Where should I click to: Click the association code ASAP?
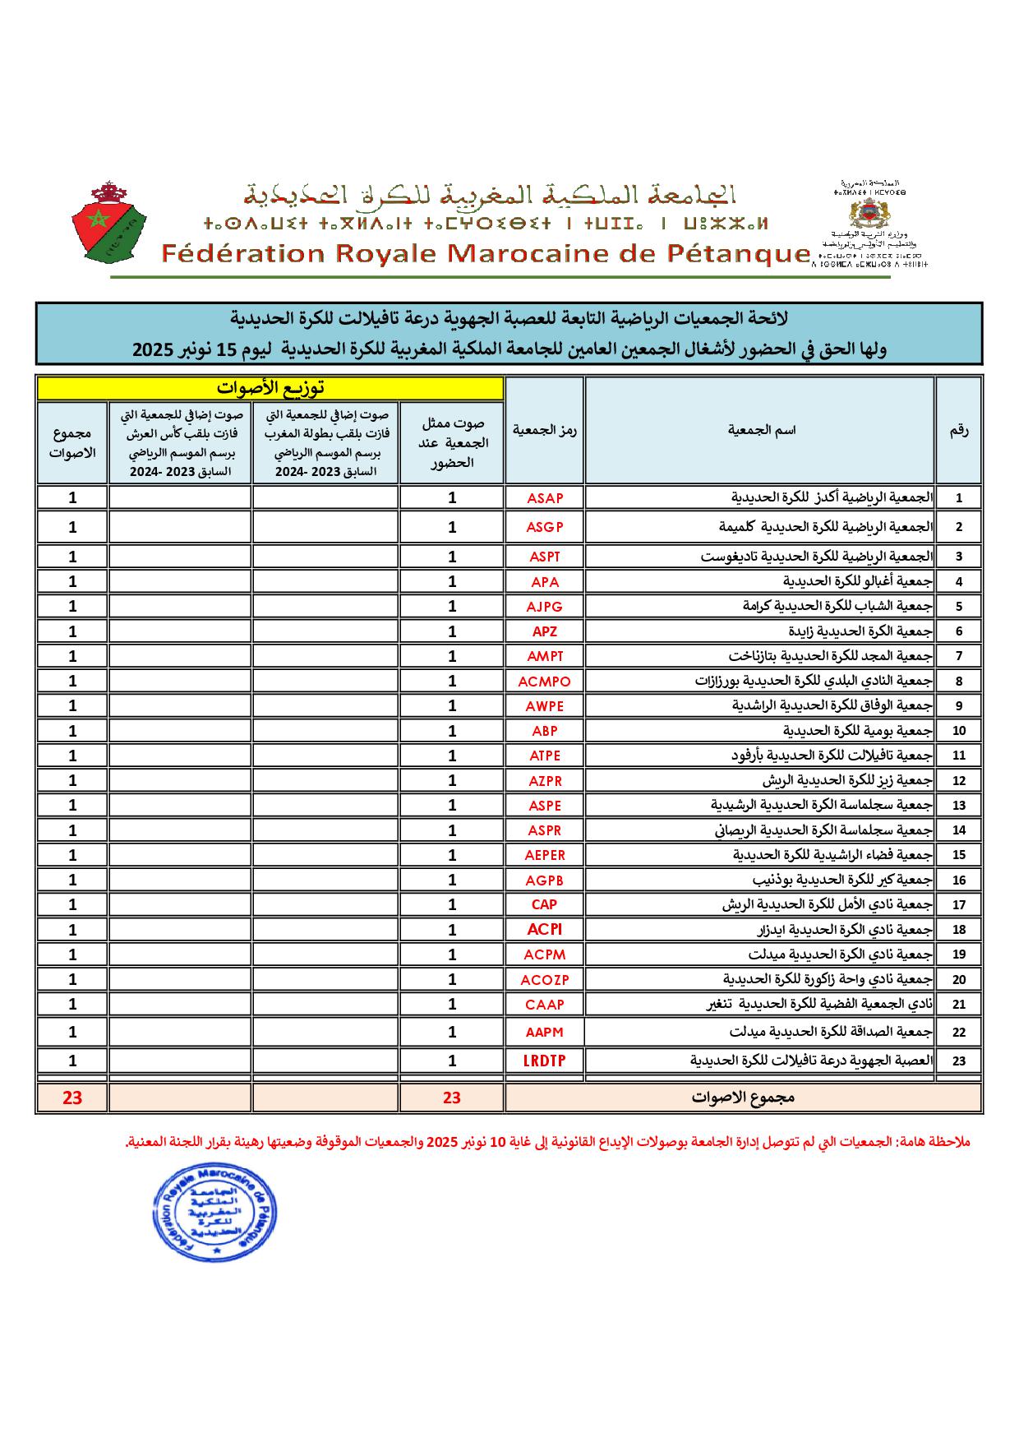point(545,497)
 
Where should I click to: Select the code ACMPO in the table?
point(544,681)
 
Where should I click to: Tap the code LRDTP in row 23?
point(544,1061)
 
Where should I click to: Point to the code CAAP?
point(545,1004)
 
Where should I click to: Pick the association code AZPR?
point(545,780)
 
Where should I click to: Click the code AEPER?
point(545,855)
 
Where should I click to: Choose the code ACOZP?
point(544,979)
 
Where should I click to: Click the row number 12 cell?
point(958,781)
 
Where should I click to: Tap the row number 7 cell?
point(958,656)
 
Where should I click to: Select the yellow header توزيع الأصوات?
point(270,387)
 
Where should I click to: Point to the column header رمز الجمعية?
point(545,429)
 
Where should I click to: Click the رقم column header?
point(958,429)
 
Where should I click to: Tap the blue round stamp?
point(216,1213)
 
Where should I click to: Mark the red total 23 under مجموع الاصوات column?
point(72,1097)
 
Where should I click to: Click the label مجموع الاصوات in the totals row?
point(743,1097)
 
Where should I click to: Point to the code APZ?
point(545,631)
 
